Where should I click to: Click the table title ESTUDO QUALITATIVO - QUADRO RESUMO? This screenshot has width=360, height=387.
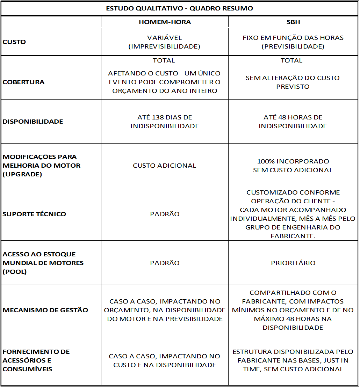click(x=180, y=8)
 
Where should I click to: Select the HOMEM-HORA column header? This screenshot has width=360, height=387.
click(x=165, y=22)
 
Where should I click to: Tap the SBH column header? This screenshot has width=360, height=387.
click(x=293, y=22)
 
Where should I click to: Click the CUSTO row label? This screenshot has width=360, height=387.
click(x=14, y=42)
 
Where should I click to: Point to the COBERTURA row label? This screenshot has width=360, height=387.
click(x=23, y=82)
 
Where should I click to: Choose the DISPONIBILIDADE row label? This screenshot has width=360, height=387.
click(x=33, y=122)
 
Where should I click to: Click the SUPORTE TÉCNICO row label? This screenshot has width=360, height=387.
click(x=34, y=214)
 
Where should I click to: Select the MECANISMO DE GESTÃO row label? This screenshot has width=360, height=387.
click(x=45, y=310)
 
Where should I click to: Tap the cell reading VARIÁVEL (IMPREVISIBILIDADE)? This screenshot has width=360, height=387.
click(x=164, y=42)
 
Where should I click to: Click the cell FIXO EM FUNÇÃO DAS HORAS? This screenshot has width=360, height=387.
click(x=293, y=38)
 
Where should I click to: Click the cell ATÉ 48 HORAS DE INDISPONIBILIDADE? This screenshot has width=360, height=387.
click(x=293, y=122)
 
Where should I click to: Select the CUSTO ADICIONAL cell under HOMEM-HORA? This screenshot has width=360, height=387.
click(x=164, y=166)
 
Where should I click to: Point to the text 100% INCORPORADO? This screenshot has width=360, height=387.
click(x=293, y=161)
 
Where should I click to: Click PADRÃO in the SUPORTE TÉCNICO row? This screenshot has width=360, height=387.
click(x=165, y=214)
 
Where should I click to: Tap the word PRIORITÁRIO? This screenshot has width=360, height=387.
click(x=293, y=263)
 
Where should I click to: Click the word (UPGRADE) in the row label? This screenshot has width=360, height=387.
click(x=22, y=174)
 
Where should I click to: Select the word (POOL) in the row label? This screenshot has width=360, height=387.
click(x=14, y=272)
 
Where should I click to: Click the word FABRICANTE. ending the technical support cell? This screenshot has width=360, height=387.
click(x=293, y=236)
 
